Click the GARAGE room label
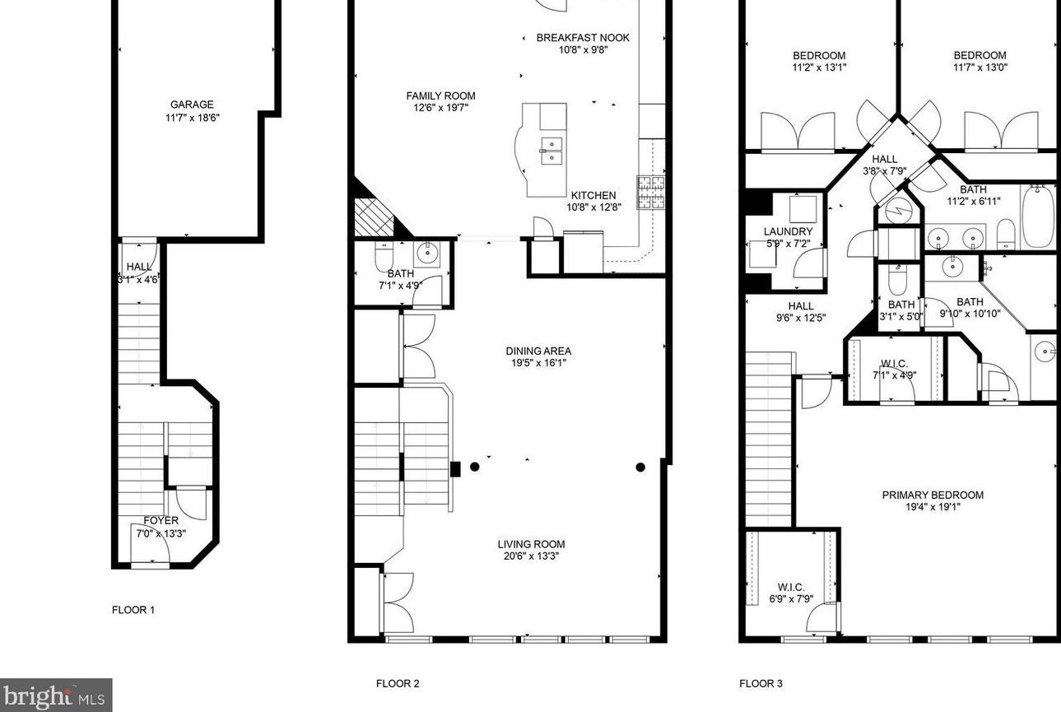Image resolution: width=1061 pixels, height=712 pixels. (x=192, y=105)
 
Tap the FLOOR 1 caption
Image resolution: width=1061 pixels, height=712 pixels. (x=133, y=610)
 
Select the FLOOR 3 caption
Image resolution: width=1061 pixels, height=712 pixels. (x=761, y=683)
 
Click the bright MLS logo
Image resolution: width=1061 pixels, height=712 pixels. (x=56, y=695)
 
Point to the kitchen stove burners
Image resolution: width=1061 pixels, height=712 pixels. (x=651, y=192)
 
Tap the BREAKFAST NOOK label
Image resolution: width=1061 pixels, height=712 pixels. (x=583, y=38)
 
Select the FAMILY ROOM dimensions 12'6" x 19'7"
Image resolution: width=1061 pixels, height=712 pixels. (x=440, y=108)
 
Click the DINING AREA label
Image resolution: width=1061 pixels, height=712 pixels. (x=538, y=351)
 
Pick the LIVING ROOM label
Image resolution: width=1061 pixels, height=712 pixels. (x=531, y=544)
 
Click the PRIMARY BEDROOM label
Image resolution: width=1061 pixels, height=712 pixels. (x=933, y=495)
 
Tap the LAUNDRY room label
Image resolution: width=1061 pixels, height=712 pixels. (x=789, y=231)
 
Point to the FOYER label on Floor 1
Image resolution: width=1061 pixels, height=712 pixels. (x=161, y=520)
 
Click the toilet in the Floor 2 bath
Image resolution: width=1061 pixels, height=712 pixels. (x=384, y=256)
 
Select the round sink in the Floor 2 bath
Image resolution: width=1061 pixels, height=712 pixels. (x=428, y=254)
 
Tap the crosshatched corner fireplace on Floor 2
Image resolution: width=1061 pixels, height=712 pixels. (x=375, y=217)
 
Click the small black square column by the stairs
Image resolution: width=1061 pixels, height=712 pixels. (x=455, y=469)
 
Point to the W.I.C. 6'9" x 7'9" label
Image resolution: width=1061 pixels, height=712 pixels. (x=791, y=588)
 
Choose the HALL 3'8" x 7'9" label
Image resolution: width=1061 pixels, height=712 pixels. (x=885, y=159)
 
